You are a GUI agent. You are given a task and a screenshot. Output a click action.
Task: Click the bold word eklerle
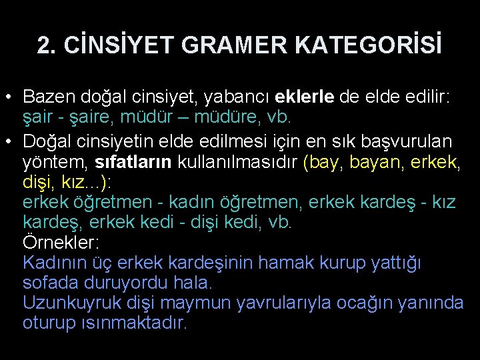click(303, 97)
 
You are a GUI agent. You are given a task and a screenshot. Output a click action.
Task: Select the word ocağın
click(364, 303)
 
